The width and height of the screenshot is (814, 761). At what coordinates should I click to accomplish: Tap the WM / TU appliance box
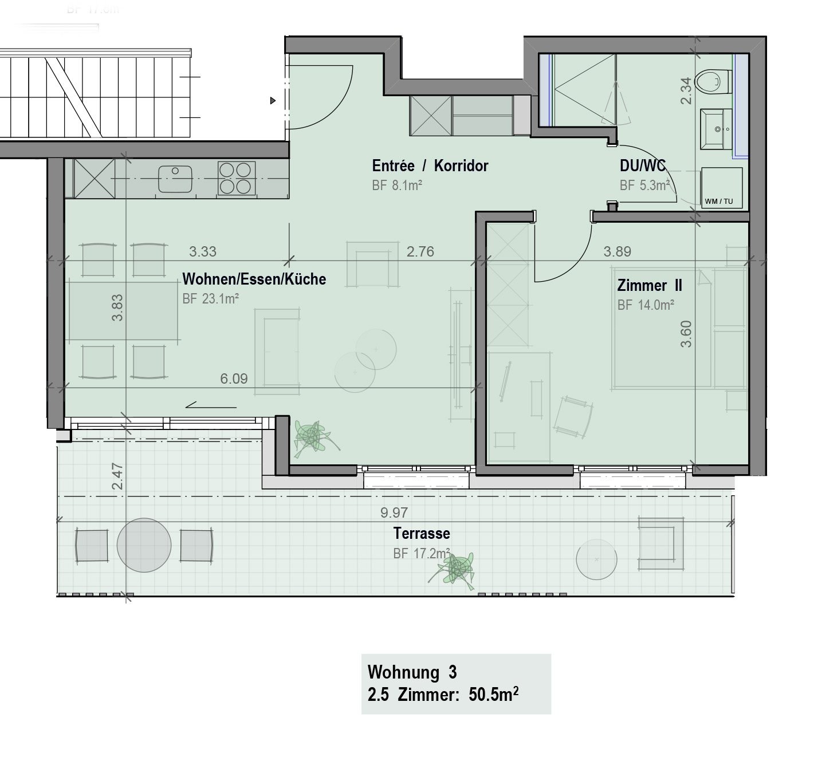click(x=721, y=187)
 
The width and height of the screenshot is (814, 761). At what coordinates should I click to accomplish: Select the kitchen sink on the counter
click(x=175, y=179)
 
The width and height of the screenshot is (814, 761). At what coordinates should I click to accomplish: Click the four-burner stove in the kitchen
click(x=236, y=178)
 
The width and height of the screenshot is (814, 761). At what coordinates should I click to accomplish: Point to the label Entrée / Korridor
click(x=430, y=166)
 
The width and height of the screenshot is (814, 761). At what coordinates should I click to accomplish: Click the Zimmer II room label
click(x=649, y=285)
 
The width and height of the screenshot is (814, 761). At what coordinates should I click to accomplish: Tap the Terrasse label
click(x=422, y=534)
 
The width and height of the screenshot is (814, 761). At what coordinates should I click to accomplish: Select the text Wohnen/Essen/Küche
click(x=254, y=279)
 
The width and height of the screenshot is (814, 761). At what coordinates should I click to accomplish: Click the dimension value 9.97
click(x=394, y=512)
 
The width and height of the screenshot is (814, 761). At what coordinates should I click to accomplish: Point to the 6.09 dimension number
click(x=234, y=378)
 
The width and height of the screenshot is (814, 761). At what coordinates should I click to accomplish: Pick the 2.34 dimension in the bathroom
click(x=686, y=92)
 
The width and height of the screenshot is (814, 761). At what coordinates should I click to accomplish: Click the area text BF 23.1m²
click(x=210, y=299)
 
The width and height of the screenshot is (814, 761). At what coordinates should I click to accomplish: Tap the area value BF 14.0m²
click(x=645, y=305)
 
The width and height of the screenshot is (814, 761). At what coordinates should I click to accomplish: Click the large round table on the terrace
click(x=144, y=545)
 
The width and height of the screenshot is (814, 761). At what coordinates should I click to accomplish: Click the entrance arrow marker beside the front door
click(x=273, y=101)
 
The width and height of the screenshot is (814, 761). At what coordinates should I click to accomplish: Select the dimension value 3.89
click(x=617, y=251)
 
